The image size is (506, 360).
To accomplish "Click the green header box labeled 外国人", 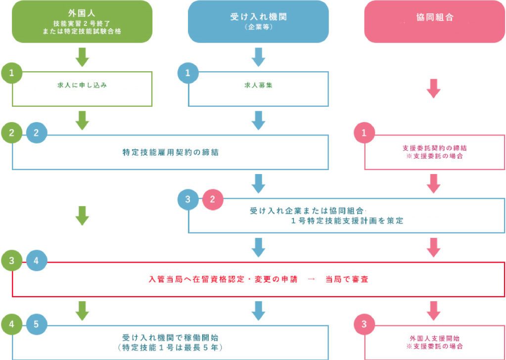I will pyautogui.click(x=82, y=21).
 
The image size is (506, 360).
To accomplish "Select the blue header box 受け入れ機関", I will pyautogui.click(x=258, y=21).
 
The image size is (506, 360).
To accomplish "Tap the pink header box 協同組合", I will pyautogui.click(x=434, y=21).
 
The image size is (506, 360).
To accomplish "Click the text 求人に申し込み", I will pyautogui.click(x=82, y=85).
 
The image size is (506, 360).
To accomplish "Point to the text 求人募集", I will pyautogui.click(x=259, y=85).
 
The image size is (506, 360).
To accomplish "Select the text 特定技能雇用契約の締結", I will pyautogui.click(x=171, y=152).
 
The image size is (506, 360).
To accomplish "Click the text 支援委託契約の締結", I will pyautogui.click(x=435, y=148).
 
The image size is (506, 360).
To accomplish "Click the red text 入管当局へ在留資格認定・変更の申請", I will pyautogui.click(x=224, y=279).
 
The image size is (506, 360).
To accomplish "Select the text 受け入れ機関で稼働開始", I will pyautogui.click(x=171, y=338).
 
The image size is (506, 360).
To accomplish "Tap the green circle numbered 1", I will pyautogui.click(x=11, y=73).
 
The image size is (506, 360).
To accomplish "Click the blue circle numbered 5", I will pyautogui.click(x=37, y=324).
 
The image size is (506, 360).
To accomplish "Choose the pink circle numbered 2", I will pyautogui.click(x=213, y=200).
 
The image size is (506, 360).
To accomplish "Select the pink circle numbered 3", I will pyautogui.click(x=365, y=324).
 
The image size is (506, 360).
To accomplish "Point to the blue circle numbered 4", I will pyautogui.click(x=37, y=261).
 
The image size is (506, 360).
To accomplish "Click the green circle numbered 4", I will pyautogui.click(x=11, y=324).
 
